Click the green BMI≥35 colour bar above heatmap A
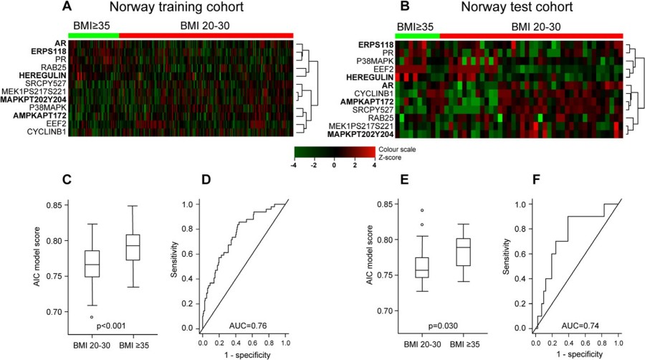[x=93, y=34]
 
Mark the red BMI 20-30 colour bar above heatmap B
[x=531, y=35]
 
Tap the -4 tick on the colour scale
[x=296, y=166]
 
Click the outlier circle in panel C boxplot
[x=91, y=316]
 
